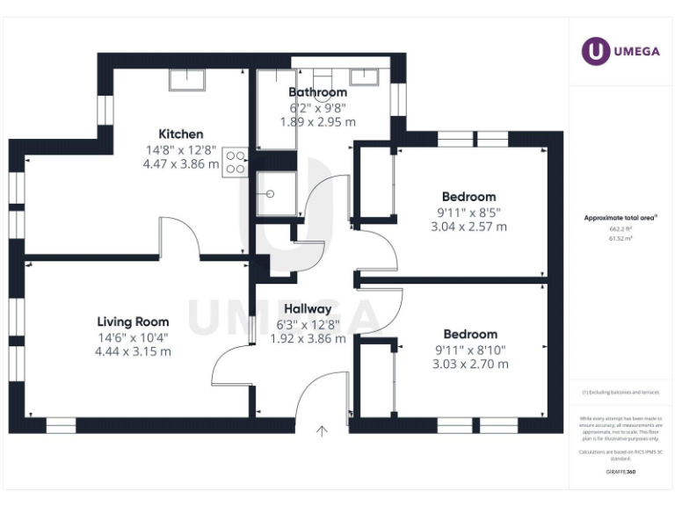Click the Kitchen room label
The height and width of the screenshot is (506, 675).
181,134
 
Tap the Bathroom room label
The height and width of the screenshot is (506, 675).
318,92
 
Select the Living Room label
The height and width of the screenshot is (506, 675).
133,322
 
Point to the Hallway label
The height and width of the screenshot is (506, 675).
308,309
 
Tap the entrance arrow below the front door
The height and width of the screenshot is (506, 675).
323,430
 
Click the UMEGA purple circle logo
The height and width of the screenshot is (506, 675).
596,52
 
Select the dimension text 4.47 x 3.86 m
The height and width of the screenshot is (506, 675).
182,164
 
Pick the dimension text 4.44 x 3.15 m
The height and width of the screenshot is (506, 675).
133,351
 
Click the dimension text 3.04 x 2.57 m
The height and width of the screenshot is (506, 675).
469,226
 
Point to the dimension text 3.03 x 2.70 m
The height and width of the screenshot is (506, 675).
470,364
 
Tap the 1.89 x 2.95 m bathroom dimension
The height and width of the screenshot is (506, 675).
318,122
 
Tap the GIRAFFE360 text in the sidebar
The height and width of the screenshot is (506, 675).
621,472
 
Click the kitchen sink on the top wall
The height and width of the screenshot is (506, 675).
187,80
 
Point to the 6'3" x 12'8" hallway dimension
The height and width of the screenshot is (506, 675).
308,324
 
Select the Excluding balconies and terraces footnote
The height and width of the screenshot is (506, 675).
621,393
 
